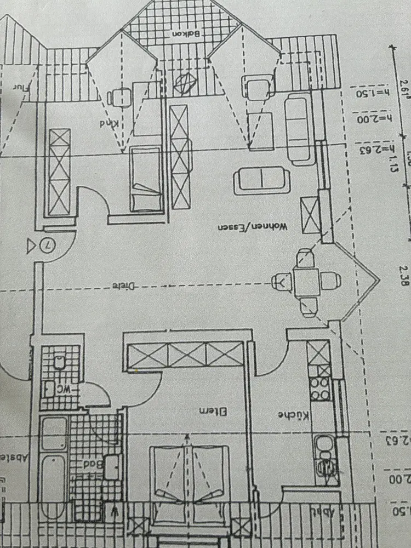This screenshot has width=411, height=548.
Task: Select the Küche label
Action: (291, 415)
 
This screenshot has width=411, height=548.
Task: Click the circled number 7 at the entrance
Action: (48, 246)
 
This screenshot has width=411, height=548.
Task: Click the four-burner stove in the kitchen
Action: (319, 388)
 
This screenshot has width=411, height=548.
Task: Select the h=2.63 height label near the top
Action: (375, 148)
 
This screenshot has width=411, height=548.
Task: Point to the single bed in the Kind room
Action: (145, 178)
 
